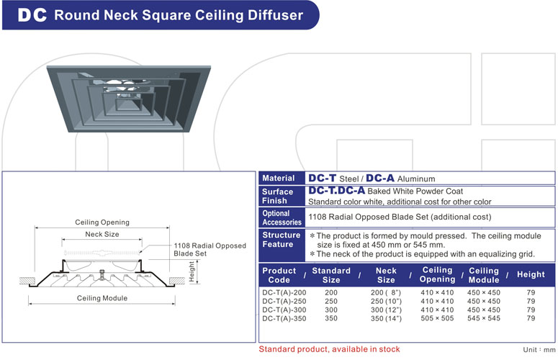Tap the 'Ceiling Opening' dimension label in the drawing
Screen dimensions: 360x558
(102, 222)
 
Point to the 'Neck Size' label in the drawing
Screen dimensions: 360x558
(102, 235)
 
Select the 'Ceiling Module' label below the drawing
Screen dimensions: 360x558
(102, 298)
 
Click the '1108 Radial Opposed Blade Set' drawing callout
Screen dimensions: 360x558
(210, 250)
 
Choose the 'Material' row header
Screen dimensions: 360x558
(278, 179)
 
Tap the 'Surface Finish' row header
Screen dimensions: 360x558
(278, 196)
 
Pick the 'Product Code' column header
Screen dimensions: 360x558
(279, 275)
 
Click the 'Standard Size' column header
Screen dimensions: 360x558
(330, 275)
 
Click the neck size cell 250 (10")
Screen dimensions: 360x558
(387, 301)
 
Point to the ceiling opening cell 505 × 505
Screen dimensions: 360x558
(437, 318)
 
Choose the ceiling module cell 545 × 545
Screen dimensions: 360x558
(484, 318)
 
